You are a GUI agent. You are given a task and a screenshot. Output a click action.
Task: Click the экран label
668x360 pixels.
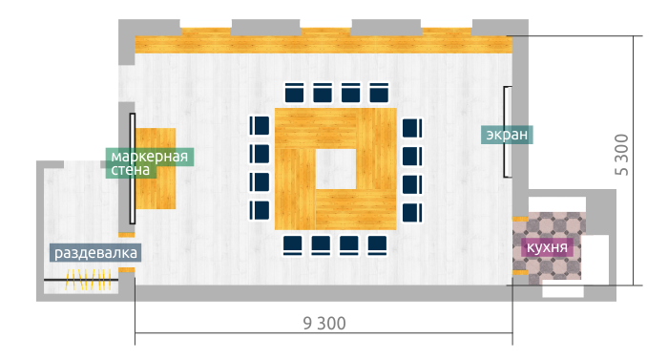click(507, 135)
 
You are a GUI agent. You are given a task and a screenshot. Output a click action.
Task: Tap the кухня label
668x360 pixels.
click(547, 247)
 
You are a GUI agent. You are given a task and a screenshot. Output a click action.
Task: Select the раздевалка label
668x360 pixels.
click(95, 252)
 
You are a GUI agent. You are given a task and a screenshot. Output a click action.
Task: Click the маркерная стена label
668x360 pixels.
click(150, 163)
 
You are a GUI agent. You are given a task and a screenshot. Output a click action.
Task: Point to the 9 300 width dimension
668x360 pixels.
click(324, 324)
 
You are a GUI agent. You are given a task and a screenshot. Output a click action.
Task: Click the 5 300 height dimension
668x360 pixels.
click(622, 155)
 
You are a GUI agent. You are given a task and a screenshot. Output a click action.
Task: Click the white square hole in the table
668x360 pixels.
click(336, 169)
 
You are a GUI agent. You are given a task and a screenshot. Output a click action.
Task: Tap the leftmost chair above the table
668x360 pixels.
click(294, 93)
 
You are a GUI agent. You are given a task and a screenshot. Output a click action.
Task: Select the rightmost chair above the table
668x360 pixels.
click(379, 93)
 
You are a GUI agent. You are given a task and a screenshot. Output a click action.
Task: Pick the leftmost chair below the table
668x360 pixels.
click(293, 245)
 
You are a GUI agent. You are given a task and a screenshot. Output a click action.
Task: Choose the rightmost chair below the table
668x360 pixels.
click(377, 245)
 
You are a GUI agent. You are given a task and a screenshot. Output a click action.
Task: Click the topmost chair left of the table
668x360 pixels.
click(260, 126)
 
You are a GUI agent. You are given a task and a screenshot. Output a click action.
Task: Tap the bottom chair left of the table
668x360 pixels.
click(260, 210)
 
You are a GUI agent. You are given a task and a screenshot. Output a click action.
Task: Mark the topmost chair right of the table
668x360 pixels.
click(412, 128)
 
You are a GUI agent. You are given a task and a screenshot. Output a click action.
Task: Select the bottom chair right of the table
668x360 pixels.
click(412, 213)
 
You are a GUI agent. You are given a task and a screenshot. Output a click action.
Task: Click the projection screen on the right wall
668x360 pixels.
click(508, 132)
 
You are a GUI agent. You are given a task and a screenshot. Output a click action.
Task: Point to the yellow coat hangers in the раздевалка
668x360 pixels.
click(89, 280)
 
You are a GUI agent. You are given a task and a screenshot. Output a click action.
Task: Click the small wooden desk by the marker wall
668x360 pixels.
click(156, 168)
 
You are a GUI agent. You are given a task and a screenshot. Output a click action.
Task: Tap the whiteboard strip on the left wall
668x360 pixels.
click(133, 168)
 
